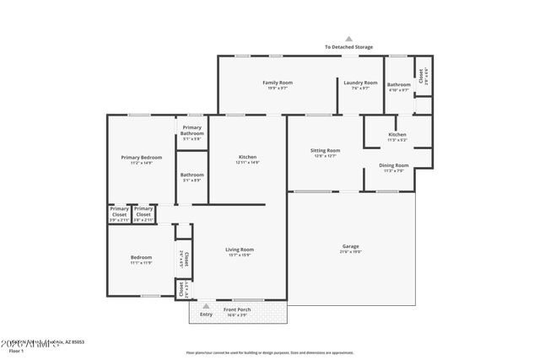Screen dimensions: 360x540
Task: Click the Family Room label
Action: pyautogui.click(x=278, y=83)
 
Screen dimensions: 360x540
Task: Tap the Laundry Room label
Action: pyautogui.click(x=360, y=83)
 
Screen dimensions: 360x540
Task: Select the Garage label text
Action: pyautogui.click(x=350, y=246)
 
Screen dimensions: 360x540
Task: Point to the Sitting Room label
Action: pyautogui.click(x=326, y=150)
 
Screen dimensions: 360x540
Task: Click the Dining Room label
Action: pyautogui.click(x=394, y=165)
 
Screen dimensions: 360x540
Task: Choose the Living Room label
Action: pyautogui.click(x=240, y=250)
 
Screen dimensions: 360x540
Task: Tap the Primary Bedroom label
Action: pyautogui.click(x=141, y=158)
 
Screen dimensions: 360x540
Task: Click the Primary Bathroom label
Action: pyautogui.click(x=192, y=130)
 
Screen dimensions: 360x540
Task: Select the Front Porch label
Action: pyautogui.click(x=237, y=309)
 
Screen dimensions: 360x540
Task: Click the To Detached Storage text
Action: pyautogui.click(x=348, y=47)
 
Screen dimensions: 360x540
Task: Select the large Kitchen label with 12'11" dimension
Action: pyautogui.click(x=247, y=157)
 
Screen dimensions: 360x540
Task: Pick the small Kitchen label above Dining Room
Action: pyautogui.click(x=397, y=135)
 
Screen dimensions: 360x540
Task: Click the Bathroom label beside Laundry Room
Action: pyautogui.click(x=398, y=84)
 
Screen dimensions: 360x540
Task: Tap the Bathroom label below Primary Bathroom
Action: pyautogui.click(x=192, y=175)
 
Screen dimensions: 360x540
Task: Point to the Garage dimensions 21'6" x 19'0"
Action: pyautogui.click(x=350, y=251)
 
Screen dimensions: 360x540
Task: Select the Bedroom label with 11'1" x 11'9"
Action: pyautogui.click(x=141, y=257)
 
